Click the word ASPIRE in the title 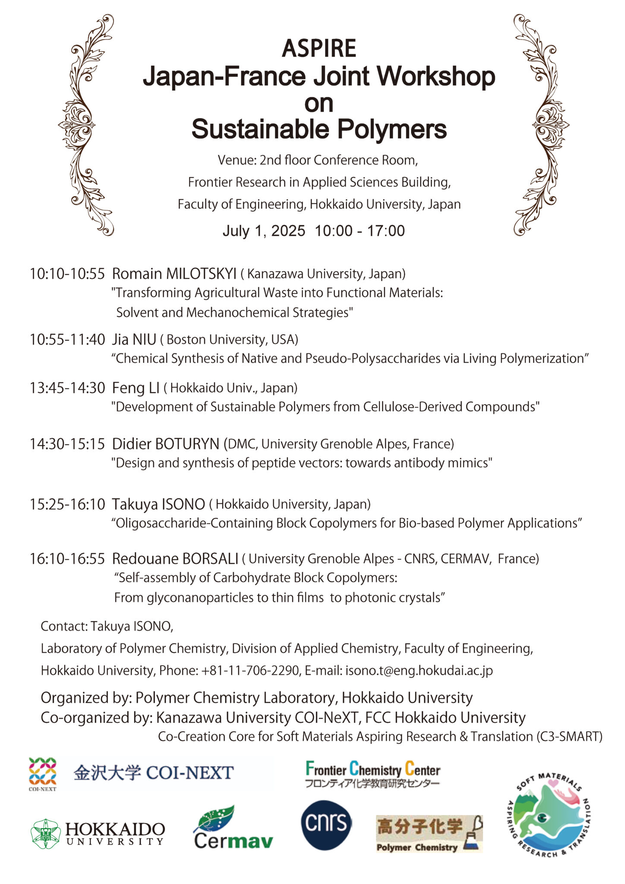[x=319, y=48]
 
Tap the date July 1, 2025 [x=264, y=231]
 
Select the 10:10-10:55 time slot [x=67, y=274]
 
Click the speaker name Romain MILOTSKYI [x=174, y=274]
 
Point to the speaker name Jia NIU [x=134, y=340]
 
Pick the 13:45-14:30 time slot [x=67, y=388]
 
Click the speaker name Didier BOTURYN [x=166, y=444]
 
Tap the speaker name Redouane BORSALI [x=175, y=559]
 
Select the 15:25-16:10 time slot [x=67, y=504]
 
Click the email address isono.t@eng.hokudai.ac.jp [x=419, y=670]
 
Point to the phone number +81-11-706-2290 [x=250, y=670]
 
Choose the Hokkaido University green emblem [x=45, y=833]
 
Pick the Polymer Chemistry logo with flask [x=429, y=833]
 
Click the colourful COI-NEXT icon [x=42, y=773]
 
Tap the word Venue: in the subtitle [x=237, y=160]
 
